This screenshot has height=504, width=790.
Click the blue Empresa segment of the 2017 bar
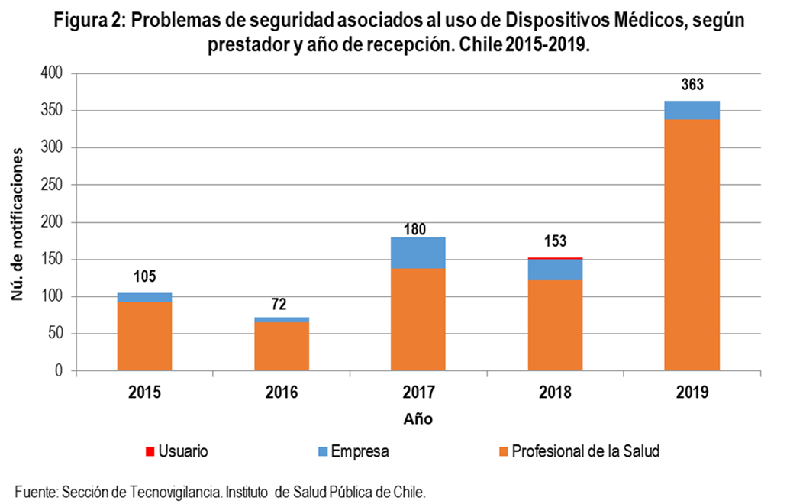pyautogui.click(x=418, y=253)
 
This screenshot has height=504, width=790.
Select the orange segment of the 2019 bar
pyautogui.click(x=692, y=245)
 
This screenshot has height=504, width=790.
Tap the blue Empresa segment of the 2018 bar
pyautogui.click(x=555, y=270)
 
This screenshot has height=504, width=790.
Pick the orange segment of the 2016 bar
pyautogui.click(x=282, y=347)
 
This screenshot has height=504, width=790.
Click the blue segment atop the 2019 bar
pyautogui.click(x=692, y=111)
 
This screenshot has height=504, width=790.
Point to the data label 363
pyautogui.click(x=692, y=85)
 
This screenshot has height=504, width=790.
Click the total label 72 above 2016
pyautogui.click(x=279, y=305)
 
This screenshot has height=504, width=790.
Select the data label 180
pyautogui.click(x=414, y=229)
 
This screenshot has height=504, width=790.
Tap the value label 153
pyautogui.click(x=555, y=241)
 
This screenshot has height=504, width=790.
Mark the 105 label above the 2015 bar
pyautogui.click(x=144, y=276)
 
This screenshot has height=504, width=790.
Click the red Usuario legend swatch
pyautogui.click(x=150, y=451)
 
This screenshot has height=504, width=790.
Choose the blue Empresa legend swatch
pyautogui.click(x=323, y=451)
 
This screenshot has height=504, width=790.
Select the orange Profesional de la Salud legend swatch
pyautogui.click(x=503, y=451)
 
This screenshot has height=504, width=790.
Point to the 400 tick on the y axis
pyautogui.click(x=51, y=73)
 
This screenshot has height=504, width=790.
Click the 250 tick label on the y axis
pyautogui.click(x=51, y=185)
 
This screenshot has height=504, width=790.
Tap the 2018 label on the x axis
pyautogui.click(x=555, y=392)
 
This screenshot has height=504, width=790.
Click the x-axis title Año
pyautogui.click(x=418, y=418)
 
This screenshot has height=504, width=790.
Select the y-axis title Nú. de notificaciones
pyautogui.click(x=18, y=225)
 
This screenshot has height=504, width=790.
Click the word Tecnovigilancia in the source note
pyautogui.click(x=176, y=492)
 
